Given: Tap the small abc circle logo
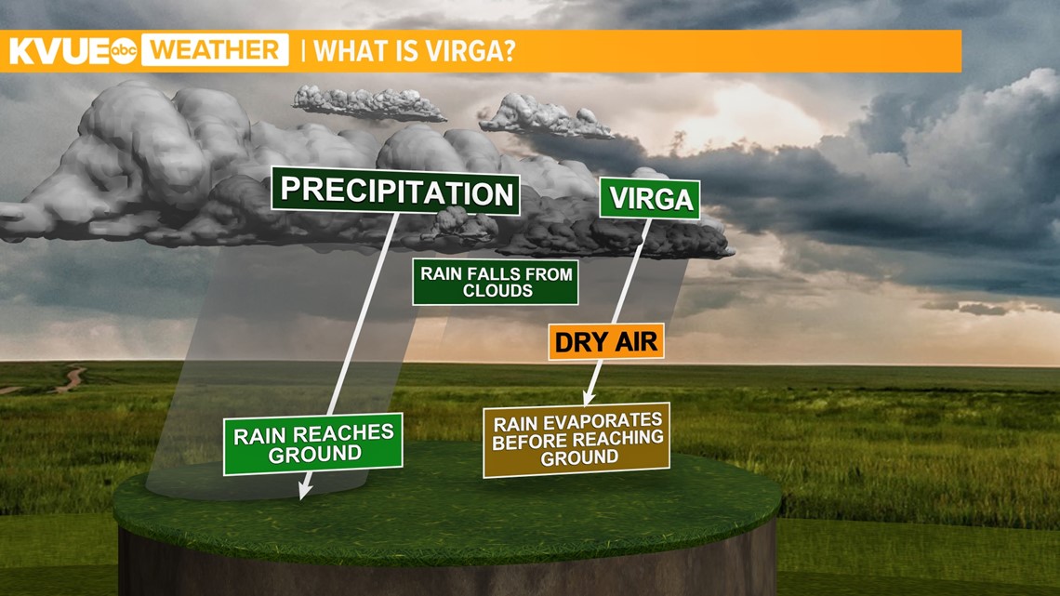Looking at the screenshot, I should click(x=124, y=52).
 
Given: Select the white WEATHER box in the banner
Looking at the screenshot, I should click(x=214, y=50).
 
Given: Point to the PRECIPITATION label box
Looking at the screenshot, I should click(x=396, y=192).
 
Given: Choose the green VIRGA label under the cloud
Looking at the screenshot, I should click(x=649, y=199).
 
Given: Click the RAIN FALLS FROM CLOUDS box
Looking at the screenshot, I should click(x=496, y=282).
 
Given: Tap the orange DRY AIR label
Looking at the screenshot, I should click(x=605, y=342).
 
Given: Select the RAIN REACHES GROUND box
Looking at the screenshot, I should click(x=313, y=444).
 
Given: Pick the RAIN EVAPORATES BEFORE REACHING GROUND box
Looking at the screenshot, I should click(x=577, y=438).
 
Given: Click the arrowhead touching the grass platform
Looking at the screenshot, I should click(x=302, y=490).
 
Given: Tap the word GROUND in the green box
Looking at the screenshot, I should click(x=314, y=455).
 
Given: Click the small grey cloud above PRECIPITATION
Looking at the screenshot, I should click(x=368, y=101).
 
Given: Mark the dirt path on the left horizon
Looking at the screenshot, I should click(x=67, y=379).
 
